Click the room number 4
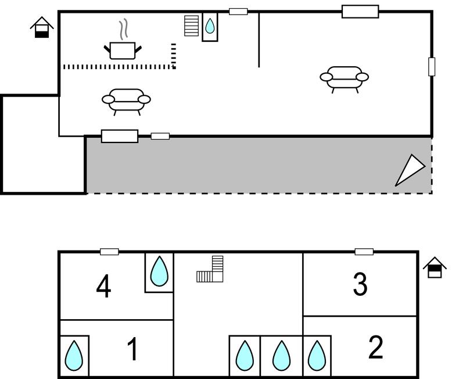pos(103,287)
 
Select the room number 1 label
pos(132,350)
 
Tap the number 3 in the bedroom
pos(360,285)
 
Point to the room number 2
pos(376,348)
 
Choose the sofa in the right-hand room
pos(344,77)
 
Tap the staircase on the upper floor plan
pos(191,26)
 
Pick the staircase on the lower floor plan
pos(211,270)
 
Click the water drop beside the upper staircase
pos(210,26)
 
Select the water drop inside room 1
pos(74,355)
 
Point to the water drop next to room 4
pos(159,271)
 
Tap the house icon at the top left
pos(42,27)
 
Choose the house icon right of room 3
pos(435,268)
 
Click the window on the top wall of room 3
pos(364,252)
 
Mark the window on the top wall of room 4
pos(109,252)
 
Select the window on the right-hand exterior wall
pos(432,67)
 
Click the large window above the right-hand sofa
pos(360,12)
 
